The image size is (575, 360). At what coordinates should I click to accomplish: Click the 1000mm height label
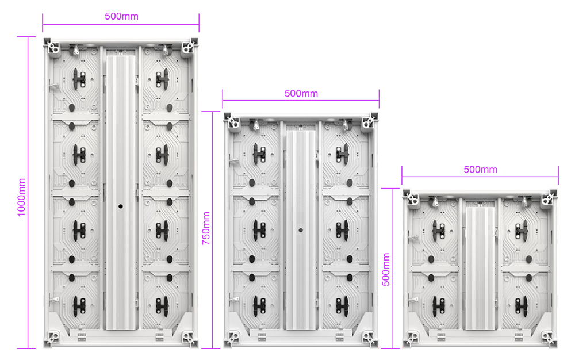[x=22, y=197]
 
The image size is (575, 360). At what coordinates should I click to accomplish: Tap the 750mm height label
[x=206, y=228]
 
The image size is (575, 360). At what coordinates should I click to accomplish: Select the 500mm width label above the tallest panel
[x=121, y=16]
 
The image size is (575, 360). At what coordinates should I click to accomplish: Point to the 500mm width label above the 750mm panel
[x=301, y=94]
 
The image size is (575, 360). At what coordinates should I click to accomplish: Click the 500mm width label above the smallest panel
[x=480, y=170]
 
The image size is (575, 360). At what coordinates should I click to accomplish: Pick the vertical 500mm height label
[x=386, y=270]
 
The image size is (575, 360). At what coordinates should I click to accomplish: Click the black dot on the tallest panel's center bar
[x=121, y=206]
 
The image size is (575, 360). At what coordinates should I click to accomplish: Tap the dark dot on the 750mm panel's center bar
[x=301, y=230]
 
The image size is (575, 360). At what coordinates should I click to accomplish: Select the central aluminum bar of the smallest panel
[x=480, y=269]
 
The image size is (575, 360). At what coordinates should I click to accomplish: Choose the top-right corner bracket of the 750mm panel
[x=370, y=121]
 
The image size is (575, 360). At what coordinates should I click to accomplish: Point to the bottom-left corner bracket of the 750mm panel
[x=232, y=339]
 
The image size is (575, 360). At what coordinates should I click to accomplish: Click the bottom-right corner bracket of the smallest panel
[x=549, y=339]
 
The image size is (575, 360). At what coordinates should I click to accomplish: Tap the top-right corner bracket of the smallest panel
[x=549, y=198]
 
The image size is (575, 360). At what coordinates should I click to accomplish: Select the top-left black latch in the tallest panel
[x=79, y=79]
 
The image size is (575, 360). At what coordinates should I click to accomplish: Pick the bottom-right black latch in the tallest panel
[x=162, y=307]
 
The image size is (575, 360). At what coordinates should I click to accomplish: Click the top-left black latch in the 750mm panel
[x=259, y=154]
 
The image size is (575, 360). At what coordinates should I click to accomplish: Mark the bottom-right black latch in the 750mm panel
[x=342, y=307]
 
